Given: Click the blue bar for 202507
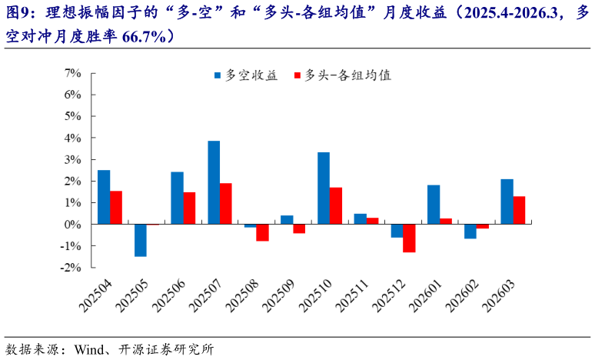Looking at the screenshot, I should click(x=214, y=182).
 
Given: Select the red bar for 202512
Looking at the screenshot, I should click(x=409, y=238).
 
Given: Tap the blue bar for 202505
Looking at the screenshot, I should click(x=141, y=240).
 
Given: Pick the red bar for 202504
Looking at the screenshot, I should click(x=116, y=208).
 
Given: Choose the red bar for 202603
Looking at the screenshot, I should click(x=519, y=210).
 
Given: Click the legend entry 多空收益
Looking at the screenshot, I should click(x=245, y=75).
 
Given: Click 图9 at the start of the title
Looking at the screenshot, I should click(x=18, y=13).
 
